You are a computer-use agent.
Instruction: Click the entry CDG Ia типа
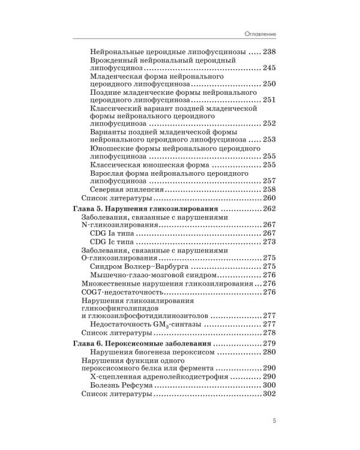pyautogui.click(x=114, y=233)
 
